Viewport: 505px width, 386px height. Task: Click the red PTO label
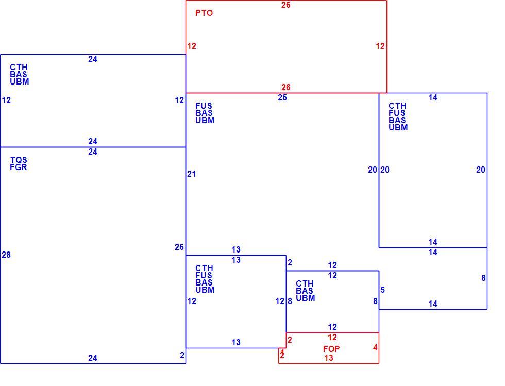[x=204, y=13]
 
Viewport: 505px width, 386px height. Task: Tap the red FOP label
[x=331, y=349]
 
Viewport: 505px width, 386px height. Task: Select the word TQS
[x=19, y=160]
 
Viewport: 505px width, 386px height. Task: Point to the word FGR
[x=19, y=167]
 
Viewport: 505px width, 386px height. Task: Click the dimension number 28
[x=6, y=255]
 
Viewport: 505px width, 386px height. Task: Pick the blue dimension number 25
[x=282, y=97]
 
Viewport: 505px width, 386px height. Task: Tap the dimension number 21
[x=191, y=174]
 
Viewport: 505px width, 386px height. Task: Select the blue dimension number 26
[x=179, y=247]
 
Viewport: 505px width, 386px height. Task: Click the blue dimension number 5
[x=382, y=290]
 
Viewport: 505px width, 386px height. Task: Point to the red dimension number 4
[x=375, y=348]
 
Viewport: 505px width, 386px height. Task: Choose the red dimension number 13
[x=329, y=358]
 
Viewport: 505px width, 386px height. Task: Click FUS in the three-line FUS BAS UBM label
[x=204, y=106]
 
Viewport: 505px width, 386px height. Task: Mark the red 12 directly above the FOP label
[x=332, y=338]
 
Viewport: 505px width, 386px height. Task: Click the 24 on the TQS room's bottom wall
[x=93, y=358]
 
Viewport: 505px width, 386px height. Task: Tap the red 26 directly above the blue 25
[x=285, y=87]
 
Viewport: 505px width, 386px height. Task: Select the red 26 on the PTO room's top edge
[x=285, y=5]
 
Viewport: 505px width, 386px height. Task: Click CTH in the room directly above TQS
[x=19, y=67]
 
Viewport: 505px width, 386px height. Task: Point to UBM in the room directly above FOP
[x=305, y=298]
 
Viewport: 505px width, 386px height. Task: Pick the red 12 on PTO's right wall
[x=380, y=46]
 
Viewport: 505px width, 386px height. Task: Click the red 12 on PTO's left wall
[x=192, y=46]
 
